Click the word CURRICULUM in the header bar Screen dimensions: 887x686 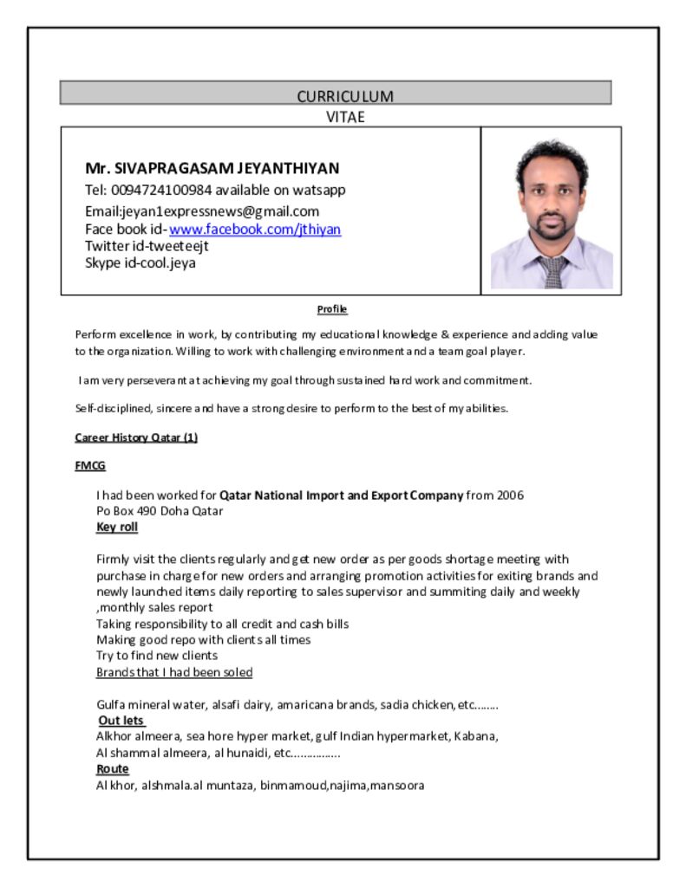point(345,96)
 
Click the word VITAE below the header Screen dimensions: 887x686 point(345,117)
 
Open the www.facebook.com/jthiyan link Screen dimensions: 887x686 point(255,230)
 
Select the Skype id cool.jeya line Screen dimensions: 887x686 point(140,262)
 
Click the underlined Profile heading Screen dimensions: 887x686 point(332,309)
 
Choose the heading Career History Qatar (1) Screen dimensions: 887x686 point(136,437)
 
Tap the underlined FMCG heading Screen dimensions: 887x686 point(90,466)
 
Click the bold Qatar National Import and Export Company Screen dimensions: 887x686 point(341,495)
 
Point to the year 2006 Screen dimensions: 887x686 point(510,495)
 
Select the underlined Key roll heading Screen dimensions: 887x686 point(117,527)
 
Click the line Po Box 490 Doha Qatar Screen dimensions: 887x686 point(160,511)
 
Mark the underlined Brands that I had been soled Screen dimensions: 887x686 point(174,672)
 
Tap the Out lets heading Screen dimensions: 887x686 point(121,721)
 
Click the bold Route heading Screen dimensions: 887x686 point(113,769)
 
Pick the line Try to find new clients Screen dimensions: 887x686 point(157,656)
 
